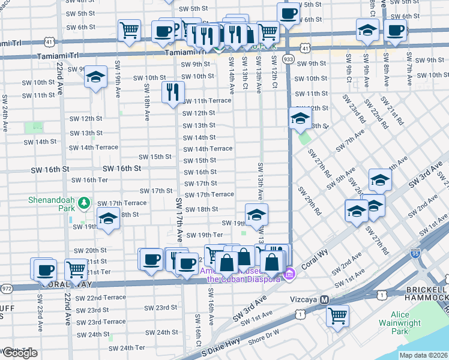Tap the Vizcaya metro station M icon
pyautogui.click(x=324, y=299)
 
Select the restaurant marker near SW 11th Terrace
pyautogui.click(x=172, y=92)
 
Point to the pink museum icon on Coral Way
pyautogui.click(x=289, y=274)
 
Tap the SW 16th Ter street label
pyautogui.click(x=89, y=180)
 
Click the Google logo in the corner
pyautogui.click(x=20, y=353)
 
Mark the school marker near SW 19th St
pyautogui.click(x=256, y=214)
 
